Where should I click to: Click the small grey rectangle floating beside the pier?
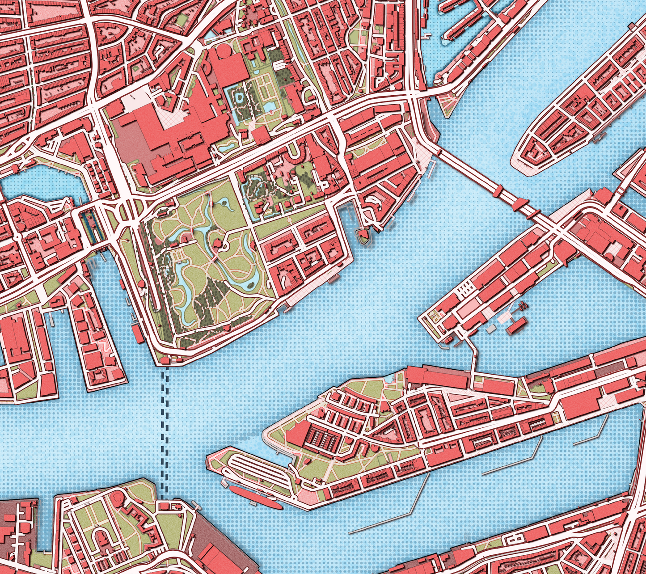tap(491, 329)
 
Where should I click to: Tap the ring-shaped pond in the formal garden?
tap(240, 98)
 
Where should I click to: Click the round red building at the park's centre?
tap(217, 243)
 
